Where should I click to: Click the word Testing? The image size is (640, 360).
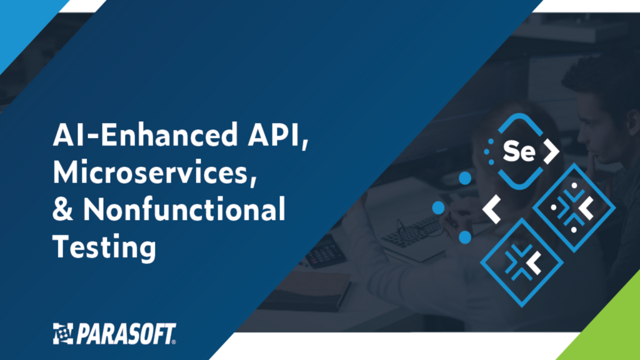[103, 247]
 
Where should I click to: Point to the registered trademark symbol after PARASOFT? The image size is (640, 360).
[174, 341]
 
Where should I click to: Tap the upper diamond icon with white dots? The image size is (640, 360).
[574, 209]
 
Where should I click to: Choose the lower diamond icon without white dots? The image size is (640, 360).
[521, 261]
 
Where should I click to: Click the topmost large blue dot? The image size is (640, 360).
[464, 179]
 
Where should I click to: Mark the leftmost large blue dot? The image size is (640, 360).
[439, 207]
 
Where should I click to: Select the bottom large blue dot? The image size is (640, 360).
[464, 237]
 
